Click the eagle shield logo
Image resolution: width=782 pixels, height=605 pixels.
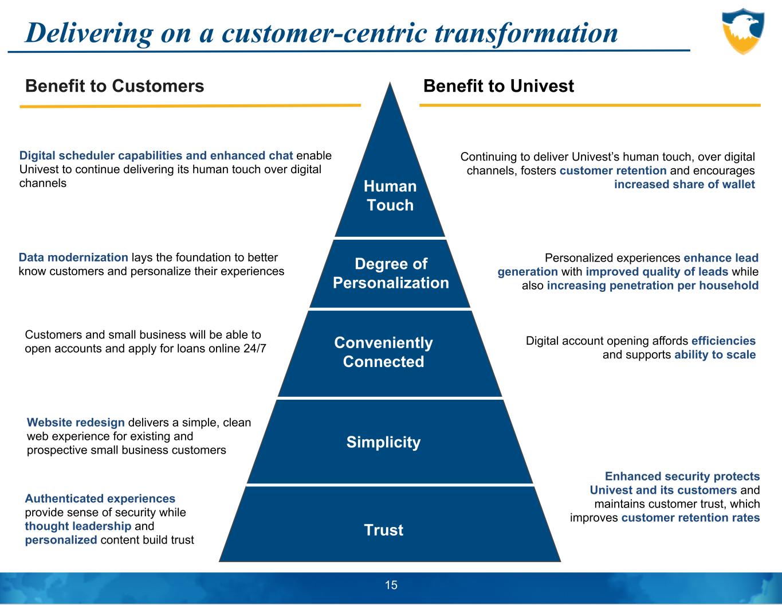point(742,31)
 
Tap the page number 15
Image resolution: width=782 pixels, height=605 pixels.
point(391,585)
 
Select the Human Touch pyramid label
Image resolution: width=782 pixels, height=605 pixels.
point(390,196)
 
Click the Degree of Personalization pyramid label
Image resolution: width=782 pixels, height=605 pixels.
point(391,273)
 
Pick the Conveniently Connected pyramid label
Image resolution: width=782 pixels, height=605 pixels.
point(383,352)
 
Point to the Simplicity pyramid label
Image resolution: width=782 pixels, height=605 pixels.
point(383,442)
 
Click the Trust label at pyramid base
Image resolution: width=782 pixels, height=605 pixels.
point(383,530)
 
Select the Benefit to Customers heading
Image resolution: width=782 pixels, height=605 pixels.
point(115,86)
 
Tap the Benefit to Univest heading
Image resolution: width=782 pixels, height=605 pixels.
point(498,86)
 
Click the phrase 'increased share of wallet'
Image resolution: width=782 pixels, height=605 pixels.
point(684,184)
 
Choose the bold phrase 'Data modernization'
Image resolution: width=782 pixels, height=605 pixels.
point(74,257)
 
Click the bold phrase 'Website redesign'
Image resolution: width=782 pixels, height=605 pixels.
point(76,423)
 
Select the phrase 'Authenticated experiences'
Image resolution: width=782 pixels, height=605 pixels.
point(100,499)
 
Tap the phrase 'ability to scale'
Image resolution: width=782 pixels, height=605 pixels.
point(715,354)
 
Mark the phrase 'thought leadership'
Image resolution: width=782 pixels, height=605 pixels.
point(78,526)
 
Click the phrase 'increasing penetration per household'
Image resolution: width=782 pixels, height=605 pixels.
point(653,286)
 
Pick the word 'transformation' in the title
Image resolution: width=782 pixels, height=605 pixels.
point(526,33)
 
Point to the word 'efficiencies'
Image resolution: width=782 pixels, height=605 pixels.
point(724,341)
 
